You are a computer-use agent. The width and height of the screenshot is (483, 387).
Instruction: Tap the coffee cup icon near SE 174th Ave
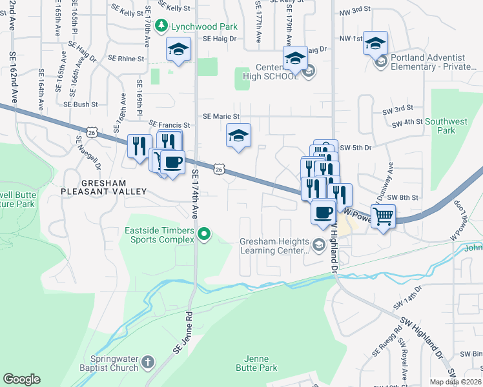[x=173, y=162]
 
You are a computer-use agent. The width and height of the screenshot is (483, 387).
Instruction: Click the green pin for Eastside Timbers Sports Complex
[x=205, y=233]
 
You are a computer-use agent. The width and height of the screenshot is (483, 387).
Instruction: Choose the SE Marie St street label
[x=221, y=117]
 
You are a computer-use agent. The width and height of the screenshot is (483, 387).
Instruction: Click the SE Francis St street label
[x=169, y=124]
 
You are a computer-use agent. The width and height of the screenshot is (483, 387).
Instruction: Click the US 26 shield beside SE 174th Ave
[x=220, y=169]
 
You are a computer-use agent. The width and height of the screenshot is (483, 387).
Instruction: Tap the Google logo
[x=22, y=379]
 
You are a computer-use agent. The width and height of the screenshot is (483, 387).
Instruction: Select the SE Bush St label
[x=81, y=104]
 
